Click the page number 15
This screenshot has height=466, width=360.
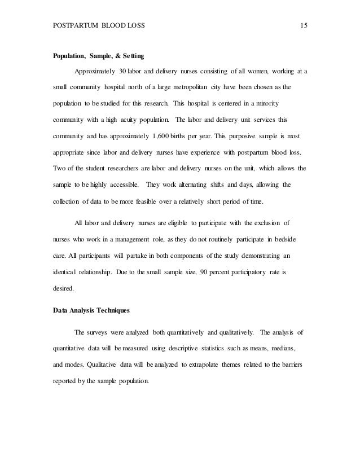(x=304, y=27)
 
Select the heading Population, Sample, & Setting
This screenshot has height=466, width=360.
(x=99, y=56)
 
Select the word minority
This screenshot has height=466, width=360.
(x=258, y=105)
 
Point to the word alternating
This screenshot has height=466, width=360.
(x=194, y=184)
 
